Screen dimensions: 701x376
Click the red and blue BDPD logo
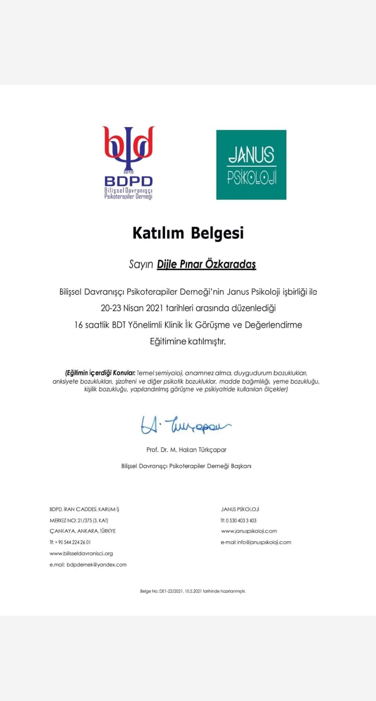click(x=129, y=163)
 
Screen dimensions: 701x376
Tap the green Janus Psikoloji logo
click(x=251, y=164)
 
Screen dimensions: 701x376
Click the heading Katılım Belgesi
click(x=188, y=233)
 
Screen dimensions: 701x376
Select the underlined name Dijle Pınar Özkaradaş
click(x=206, y=264)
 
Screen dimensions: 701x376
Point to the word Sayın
click(x=141, y=265)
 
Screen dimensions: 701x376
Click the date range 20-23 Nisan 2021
click(x=129, y=308)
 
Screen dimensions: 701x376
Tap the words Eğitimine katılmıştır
click(x=188, y=342)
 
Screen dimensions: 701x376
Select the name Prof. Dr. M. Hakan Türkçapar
click(x=186, y=450)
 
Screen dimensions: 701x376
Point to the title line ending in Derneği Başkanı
click(x=186, y=466)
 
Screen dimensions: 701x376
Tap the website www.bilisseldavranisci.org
click(x=81, y=553)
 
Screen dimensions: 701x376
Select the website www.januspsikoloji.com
click(x=249, y=531)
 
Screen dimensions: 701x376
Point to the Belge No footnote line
click(x=193, y=591)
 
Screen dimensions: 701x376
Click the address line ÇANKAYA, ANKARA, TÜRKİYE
click(x=83, y=531)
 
